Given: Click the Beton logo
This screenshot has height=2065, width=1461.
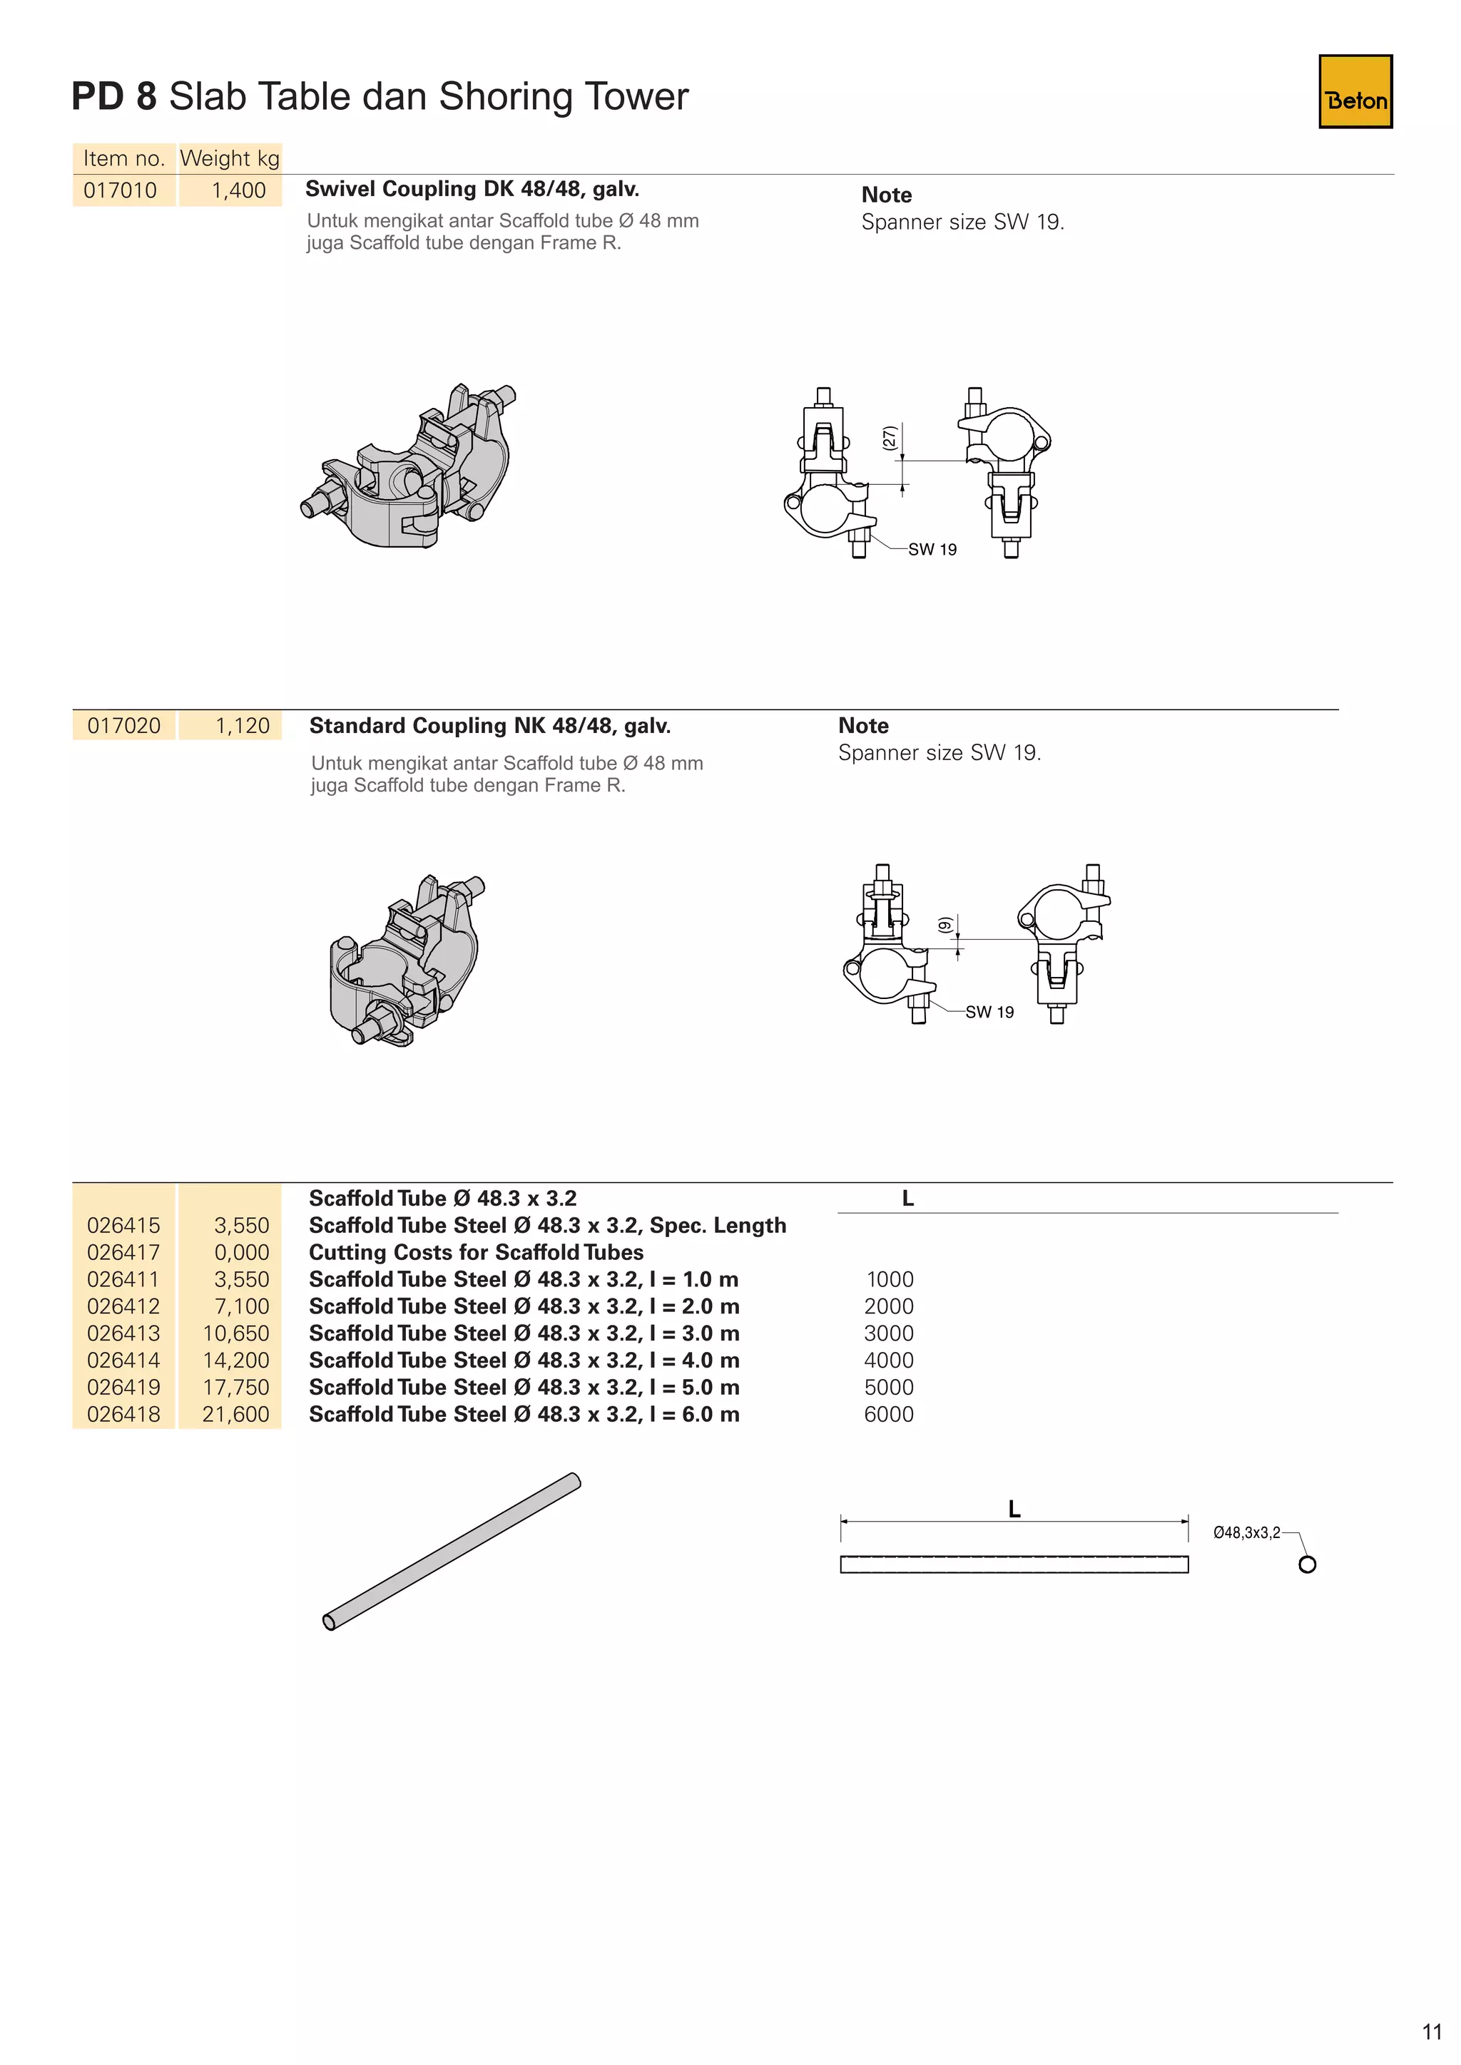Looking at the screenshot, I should (x=1355, y=92).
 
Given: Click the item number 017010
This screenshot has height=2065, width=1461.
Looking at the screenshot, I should (x=120, y=190).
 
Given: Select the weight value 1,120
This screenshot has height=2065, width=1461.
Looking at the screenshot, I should (x=242, y=726).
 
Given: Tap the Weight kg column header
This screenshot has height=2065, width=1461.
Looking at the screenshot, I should (x=230, y=158).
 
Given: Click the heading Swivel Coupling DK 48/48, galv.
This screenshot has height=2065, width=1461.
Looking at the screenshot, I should (x=472, y=189).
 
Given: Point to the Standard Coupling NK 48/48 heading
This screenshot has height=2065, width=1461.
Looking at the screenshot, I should (x=489, y=726).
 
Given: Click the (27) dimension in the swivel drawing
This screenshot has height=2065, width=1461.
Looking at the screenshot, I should (x=889, y=438).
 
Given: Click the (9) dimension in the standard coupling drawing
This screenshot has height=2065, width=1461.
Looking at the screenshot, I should (x=944, y=925).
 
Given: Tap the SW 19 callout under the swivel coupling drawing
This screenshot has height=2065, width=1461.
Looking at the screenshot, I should (x=932, y=550).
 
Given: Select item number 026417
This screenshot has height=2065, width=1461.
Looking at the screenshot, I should (x=123, y=1252).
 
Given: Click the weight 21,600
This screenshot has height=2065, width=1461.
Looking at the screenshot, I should (x=235, y=1414).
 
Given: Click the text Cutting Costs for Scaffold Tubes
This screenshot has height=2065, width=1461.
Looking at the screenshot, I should (x=476, y=1252).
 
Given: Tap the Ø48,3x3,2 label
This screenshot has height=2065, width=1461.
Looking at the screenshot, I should (x=1246, y=1532).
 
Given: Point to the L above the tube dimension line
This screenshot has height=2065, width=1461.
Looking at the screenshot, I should (x=1014, y=1510).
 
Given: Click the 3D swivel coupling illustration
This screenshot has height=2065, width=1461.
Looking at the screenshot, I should (x=410, y=468).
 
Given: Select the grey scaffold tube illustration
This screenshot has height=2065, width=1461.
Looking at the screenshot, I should (x=452, y=1551).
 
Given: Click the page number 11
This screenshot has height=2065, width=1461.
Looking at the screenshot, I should (x=1431, y=2031).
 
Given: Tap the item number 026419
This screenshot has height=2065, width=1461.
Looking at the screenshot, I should (x=123, y=1387).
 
